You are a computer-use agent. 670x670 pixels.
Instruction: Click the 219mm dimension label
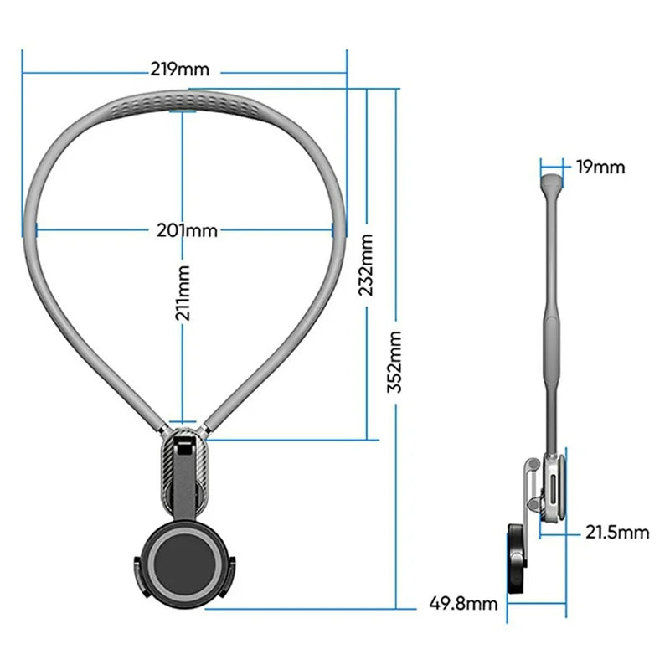tap(179, 69)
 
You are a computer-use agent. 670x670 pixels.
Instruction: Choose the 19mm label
tap(600, 167)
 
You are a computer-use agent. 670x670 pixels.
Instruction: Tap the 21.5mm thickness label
tap(617, 531)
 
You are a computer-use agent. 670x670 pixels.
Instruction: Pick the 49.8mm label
tap(463, 602)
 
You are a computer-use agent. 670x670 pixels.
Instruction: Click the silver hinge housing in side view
tap(554, 490)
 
